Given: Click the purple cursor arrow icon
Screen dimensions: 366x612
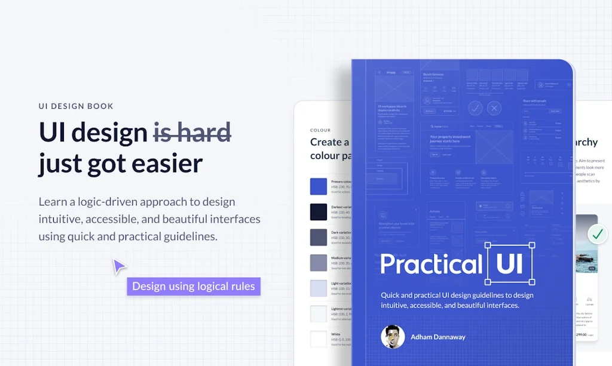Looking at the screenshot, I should (x=119, y=266).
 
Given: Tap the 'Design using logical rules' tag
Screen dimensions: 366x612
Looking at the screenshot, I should (x=194, y=287).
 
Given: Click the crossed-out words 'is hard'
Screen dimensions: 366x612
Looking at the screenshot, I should (x=192, y=133).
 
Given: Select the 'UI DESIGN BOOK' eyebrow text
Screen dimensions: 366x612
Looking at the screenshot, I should (x=76, y=106).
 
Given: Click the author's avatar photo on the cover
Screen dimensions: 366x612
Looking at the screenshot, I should (x=393, y=337).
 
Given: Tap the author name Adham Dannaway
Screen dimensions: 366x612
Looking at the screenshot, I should (x=437, y=337).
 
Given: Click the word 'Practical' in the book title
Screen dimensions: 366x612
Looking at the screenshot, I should (x=431, y=264).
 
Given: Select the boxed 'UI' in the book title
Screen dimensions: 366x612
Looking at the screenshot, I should (x=510, y=264).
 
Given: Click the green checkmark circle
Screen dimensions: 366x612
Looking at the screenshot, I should (x=597, y=234).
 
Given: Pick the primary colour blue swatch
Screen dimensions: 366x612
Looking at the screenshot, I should (x=319, y=186).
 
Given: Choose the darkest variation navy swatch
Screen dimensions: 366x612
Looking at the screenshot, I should (x=319, y=212).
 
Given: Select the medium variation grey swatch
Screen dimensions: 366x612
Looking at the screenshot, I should (x=319, y=263).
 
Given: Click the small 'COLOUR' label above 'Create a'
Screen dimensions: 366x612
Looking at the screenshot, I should (x=320, y=130).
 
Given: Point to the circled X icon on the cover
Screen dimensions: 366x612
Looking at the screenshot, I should (x=494, y=108).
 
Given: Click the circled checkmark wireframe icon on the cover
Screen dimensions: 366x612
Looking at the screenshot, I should (x=475, y=108).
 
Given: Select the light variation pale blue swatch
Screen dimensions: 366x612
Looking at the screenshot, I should (x=319, y=288).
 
